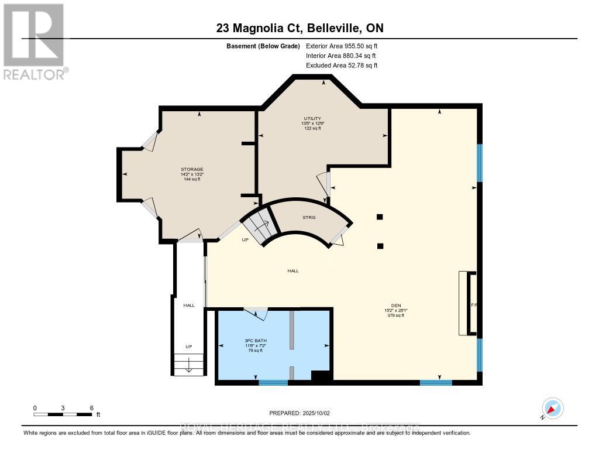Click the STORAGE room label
pyautogui.click(x=192, y=169)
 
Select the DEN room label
pyautogui.click(x=395, y=305)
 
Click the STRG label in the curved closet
pyautogui.click(x=309, y=218)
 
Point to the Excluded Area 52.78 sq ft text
pyautogui.click(x=341, y=66)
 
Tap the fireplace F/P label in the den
pyautogui.click(x=474, y=305)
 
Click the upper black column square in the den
pyautogui.click(x=380, y=217)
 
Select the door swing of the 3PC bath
pyautogui.click(x=256, y=314)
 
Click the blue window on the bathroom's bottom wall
pyautogui.click(x=273, y=383)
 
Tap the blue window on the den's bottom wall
pyautogui.click(x=436, y=383)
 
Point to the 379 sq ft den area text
pyautogui.click(x=395, y=315)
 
